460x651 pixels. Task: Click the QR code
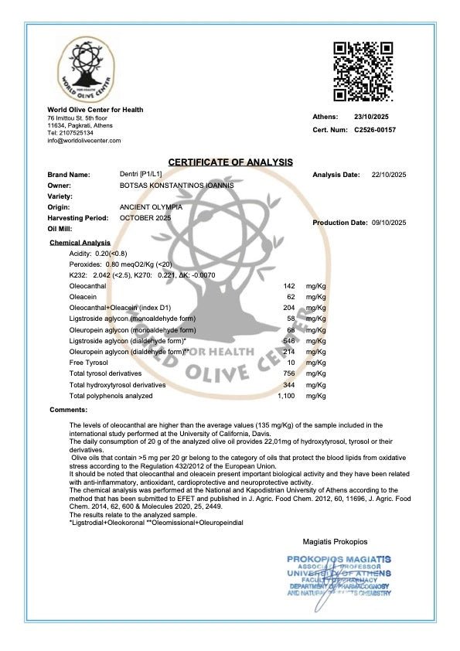click(364, 71)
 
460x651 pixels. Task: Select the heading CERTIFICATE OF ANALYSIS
click(230, 162)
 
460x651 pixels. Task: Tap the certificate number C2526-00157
click(375, 130)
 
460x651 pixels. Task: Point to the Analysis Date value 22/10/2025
click(389, 175)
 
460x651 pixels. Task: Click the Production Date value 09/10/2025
click(389, 223)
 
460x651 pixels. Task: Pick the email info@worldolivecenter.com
click(83, 141)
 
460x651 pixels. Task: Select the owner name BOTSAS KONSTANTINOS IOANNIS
click(176, 186)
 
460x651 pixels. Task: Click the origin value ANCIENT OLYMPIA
click(152, 207)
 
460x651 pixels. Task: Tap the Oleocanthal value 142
click(291, 286)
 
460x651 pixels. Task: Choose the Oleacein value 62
click(292, 297)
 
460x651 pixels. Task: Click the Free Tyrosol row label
click(89, 363)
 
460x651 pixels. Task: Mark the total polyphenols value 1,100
click(287, 396)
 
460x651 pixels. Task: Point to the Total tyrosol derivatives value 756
click(291, 373)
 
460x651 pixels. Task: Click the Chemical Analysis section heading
click(80, 243)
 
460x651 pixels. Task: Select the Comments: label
click(69, 409)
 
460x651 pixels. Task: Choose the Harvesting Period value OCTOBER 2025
click(145, 218)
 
